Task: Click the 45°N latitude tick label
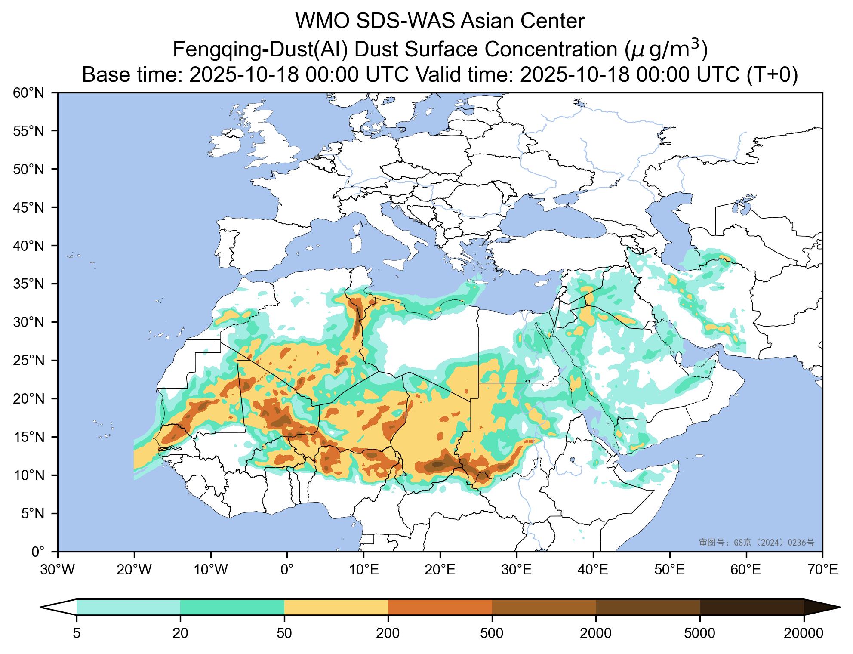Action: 32,208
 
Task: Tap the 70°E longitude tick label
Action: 822,571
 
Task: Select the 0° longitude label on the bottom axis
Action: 287,571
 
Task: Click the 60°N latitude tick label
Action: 32,93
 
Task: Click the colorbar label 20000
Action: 804,633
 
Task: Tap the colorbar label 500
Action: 492,633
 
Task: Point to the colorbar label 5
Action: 77,633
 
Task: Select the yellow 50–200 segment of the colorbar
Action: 336,607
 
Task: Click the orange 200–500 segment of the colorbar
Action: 440,607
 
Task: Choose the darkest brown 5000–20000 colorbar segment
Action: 751,607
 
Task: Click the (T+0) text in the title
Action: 772,75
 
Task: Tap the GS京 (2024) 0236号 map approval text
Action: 756,543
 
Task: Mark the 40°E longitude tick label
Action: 593,571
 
